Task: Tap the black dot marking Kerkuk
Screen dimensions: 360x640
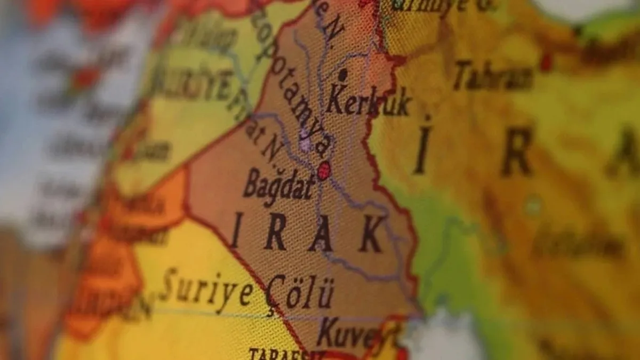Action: [x=342, y=75]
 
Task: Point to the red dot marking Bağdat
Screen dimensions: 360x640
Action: [x=324, y=171]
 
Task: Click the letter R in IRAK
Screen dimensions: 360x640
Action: [x=275, y=233]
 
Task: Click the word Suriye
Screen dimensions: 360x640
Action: [x=207, y=288]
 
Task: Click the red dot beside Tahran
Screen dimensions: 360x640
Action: [x=546, y=62]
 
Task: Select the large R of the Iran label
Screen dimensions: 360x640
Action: [x=516, y=151]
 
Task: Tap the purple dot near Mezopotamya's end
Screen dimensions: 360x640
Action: [x=305, y=143]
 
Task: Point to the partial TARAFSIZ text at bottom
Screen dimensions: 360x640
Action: [x=279, y=354]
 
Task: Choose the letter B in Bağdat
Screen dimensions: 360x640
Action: [x=253, y=182]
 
